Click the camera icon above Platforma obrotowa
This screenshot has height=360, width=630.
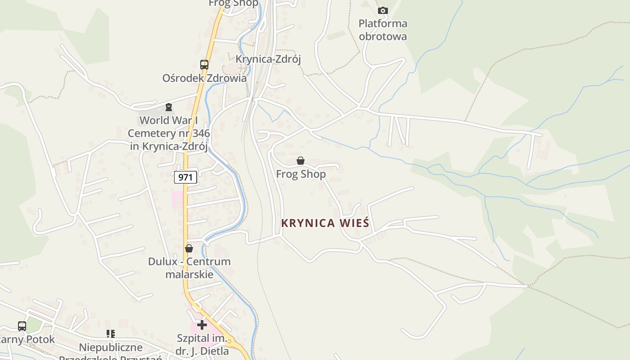[x=382, y=10]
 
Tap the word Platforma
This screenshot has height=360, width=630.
[x=383, y=23]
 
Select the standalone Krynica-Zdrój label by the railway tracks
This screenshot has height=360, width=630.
[x=268, y=59]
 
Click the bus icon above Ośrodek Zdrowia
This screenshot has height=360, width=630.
[x=204, y=65]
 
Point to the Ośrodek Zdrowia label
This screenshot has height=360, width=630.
[x=204, y=78]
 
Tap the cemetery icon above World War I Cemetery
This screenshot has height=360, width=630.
[x=169, y=107]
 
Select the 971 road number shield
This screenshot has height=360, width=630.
[x=185, y=177]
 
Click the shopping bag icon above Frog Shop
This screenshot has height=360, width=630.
[x=301, y=161]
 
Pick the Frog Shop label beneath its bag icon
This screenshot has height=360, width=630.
[x=301, y=174]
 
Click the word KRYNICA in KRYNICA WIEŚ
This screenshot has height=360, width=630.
[x=308, y=223]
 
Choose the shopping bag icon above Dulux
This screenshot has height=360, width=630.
[x=189, y=248]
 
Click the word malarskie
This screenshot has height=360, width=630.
[x=189, y=274]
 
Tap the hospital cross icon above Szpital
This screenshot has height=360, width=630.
[x=202, y=324]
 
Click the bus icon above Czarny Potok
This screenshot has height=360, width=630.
[x=22, y=326]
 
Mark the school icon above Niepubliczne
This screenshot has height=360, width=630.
[x=111, y=334]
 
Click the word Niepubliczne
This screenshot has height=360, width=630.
[x=111, y=347]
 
